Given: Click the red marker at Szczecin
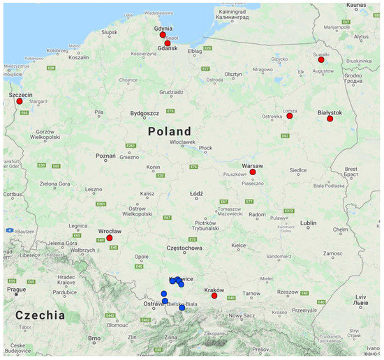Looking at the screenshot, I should [x=17, y=102].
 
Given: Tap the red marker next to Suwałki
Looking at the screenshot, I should [x=321, y=60].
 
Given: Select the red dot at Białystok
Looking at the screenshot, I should [x=330, y=119].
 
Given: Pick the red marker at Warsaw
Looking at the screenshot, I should [x=253, y=172].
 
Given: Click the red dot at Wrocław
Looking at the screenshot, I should [x=110, y=238].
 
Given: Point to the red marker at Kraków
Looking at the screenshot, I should [x=214, y=296].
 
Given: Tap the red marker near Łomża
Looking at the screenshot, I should [x=289, y=116].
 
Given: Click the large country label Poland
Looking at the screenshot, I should [x=169, y=132].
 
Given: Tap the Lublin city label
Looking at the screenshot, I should [x=308, y=223].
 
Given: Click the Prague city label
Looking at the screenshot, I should [x=17, y=289].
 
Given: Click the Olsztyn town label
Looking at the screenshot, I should [x=233, y=75].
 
